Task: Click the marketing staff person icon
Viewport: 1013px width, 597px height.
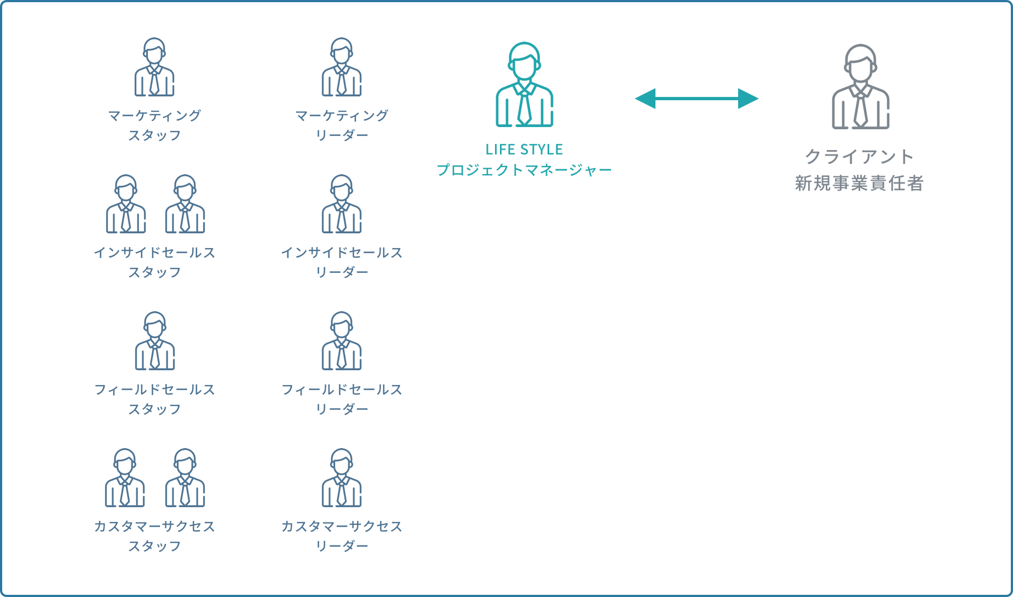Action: [x=154, y=67]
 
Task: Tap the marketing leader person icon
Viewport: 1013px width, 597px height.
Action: [x=342, y=67]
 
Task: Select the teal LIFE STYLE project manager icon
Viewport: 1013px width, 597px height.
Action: [x=525, y=85]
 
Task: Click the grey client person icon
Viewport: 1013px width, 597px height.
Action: [x=861, y=87]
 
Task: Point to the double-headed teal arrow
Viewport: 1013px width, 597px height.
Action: [x=697, y=99]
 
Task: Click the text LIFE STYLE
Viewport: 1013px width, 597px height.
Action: [x=524, y=150]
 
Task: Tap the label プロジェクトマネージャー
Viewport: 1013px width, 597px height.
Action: [x=524, y=170]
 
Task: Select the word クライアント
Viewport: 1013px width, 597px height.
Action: [x=860, y=157]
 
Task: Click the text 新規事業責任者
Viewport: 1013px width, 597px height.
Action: [x=860, y=183]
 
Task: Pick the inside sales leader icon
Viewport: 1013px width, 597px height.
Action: [x=342, y=204]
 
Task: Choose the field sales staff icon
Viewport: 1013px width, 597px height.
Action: [x=155, y=341]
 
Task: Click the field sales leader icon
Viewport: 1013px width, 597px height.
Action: [x=342, y=341]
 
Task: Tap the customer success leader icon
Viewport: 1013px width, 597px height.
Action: [x=342, y=478]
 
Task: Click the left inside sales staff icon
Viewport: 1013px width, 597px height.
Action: [x=126, y=204]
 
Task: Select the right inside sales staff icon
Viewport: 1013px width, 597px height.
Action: [x=185, y=204]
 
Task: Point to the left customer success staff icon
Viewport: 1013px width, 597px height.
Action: [x=125, y=478]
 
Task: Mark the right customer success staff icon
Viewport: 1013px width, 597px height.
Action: [x=185, y=478]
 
